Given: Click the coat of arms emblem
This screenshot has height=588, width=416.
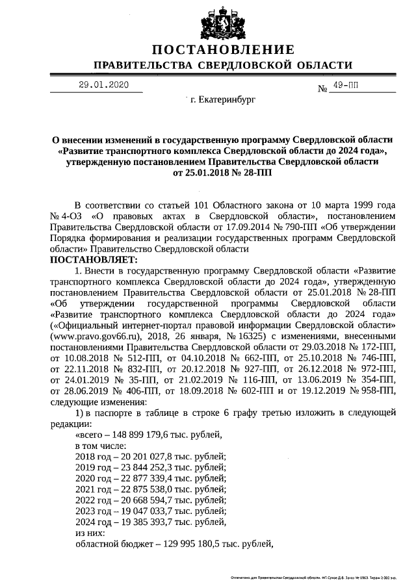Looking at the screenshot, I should click(223, 22).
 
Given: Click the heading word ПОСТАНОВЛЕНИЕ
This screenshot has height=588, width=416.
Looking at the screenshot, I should click(223, 50).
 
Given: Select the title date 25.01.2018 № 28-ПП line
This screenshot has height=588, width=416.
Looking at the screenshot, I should click(223, 173).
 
